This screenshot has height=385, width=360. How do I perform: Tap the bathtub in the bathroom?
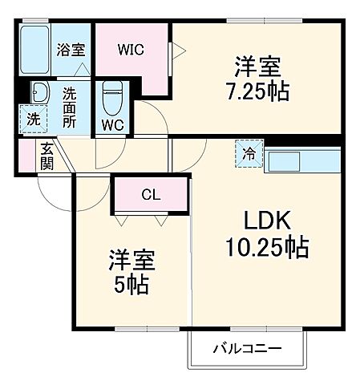(x=34, y=50)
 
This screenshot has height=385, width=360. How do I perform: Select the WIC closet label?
(x=131, y=49)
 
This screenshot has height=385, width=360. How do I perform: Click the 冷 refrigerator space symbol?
(x=249, y=154)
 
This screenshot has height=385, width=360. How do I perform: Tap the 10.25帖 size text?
(x=261, y=248)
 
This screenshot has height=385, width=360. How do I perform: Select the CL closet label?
(x=150, y=194)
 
